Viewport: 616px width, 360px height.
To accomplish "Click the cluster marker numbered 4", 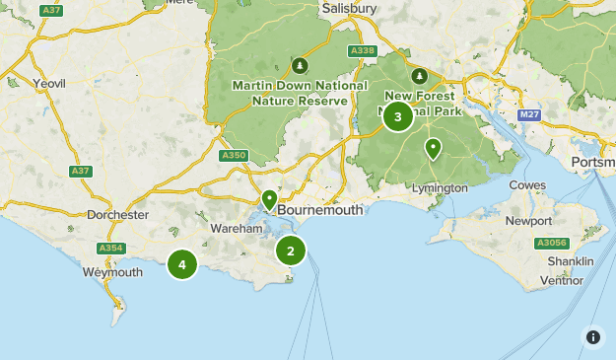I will [x=182, y=264].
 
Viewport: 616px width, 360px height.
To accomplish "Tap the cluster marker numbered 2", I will [x=291, y=252].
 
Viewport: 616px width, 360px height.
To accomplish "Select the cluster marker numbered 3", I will [x=398, y=117].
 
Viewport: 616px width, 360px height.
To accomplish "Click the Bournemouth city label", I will [x=320, y=210].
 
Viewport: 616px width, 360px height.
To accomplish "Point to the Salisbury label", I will [x=350, y=8].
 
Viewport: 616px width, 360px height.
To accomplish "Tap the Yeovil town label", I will [x=49, y=84].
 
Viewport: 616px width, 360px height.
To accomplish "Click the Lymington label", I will [x=440, y=188].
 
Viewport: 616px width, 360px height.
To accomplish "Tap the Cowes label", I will [x=527, y=185].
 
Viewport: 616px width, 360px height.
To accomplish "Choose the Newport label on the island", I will [x=528, y=221].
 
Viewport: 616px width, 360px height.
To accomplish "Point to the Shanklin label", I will [x=572, y=261].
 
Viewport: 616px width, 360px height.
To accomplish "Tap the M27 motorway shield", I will [x=530, y=115].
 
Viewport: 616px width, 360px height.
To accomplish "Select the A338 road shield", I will [x=362, y=50].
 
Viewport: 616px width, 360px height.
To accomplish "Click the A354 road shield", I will [x=110, y=249].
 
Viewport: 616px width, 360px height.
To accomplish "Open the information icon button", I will [x=593, y=337].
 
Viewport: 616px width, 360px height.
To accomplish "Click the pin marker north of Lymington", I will [x=433, y=150].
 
